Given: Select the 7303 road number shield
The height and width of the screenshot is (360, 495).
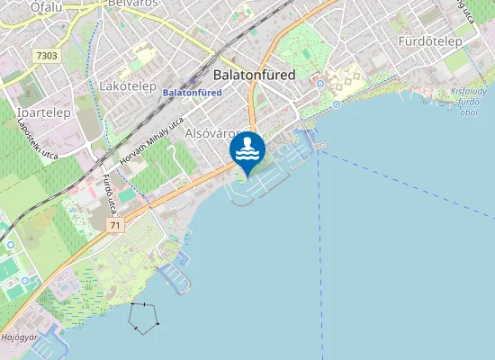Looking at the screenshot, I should pos(47,56).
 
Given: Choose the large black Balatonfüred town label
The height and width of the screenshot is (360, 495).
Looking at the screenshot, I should pos(255,75).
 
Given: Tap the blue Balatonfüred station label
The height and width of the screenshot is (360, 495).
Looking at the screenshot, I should pos(192,92).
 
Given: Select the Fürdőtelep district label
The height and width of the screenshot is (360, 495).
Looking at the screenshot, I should pos(430,41).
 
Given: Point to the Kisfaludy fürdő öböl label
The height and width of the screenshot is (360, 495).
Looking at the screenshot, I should pos(469,102).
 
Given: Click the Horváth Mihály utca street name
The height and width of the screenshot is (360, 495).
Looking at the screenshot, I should pos(150,141).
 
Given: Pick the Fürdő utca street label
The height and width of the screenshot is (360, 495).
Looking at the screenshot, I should pos(109,193).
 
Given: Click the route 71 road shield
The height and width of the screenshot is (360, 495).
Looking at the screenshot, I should pos(115,225).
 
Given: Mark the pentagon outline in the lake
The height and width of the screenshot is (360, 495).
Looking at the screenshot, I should pos(144,316).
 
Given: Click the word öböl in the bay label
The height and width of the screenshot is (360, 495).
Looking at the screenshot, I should pos(468,113).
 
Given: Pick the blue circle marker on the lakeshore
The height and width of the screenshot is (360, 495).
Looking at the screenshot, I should pos(337,104).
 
